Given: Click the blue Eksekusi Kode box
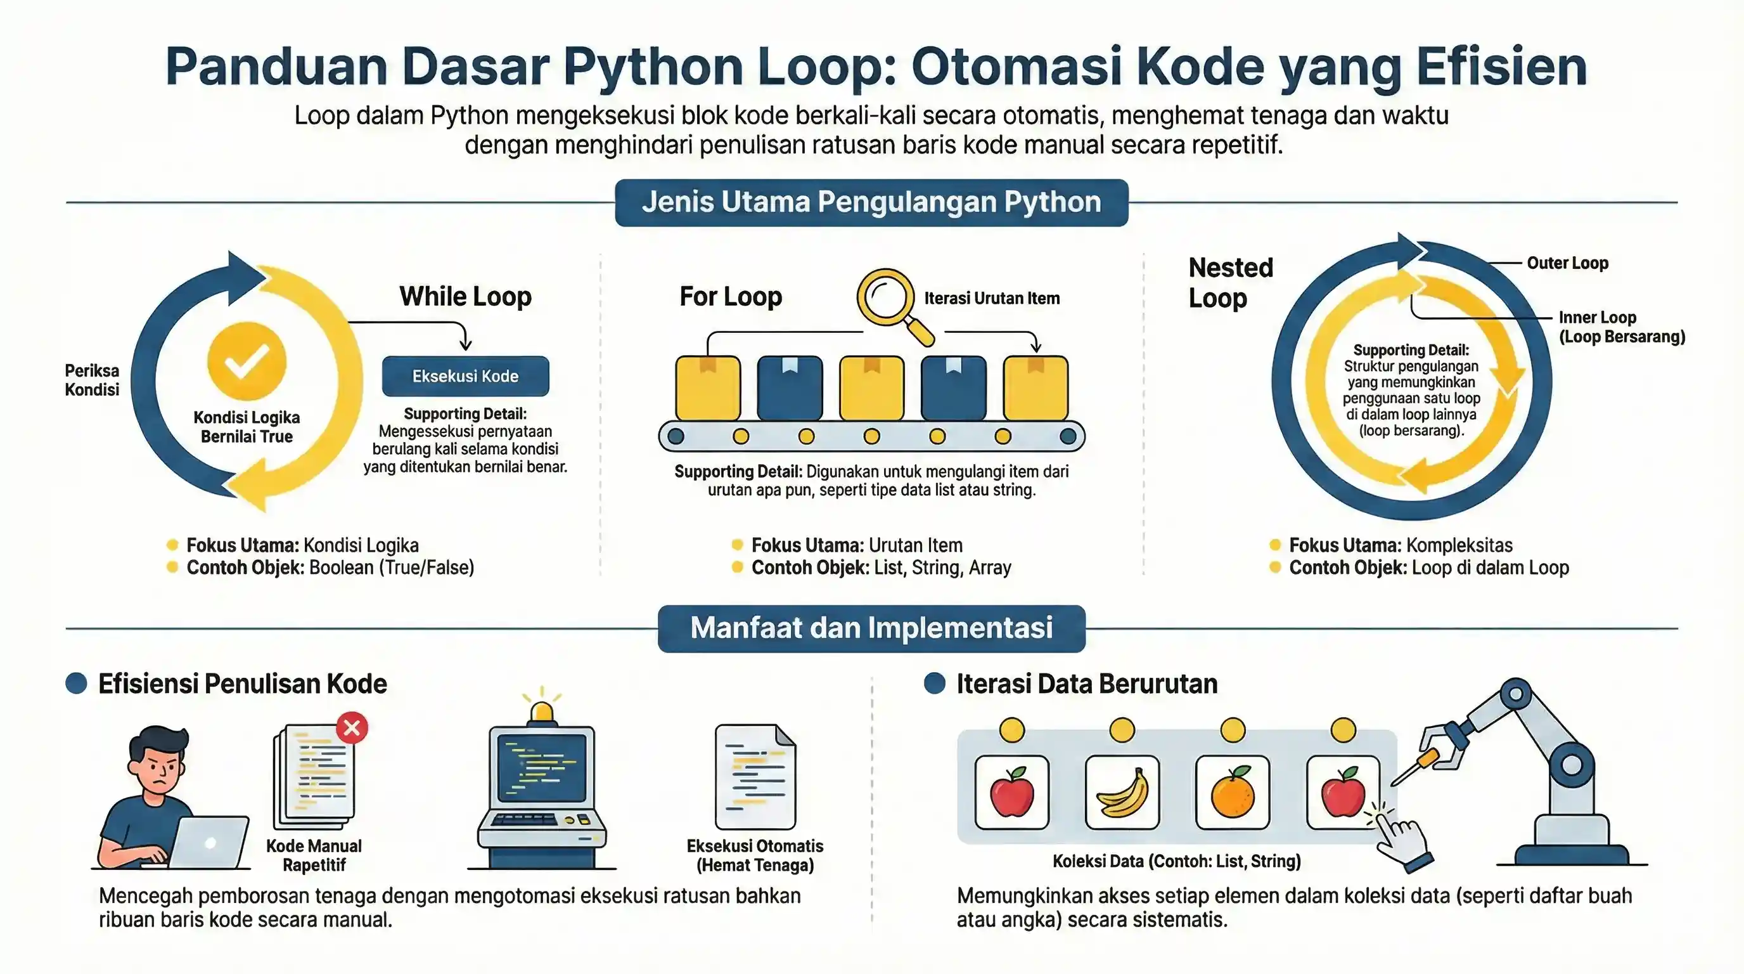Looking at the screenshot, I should pyautogui.click(x=465, y=376).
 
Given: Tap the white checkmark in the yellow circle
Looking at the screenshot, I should pyautogui.click(x=247, y=361).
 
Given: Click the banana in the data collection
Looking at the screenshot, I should pyautogui.click(x=1122, y=793).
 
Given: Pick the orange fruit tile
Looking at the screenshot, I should pyautogui.click(x=1232, y=793).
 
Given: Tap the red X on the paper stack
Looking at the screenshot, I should pyautogui.click(x=352, y=728).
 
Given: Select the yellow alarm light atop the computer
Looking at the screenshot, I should pyautogui.click(x=541, y=711).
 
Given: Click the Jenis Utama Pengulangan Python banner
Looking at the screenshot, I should pyautogui.click(x=871, y=202).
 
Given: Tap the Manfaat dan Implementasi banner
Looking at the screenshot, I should pyautogui.click(x=871, y=628).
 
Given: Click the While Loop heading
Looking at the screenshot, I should pyautogui.click(x=465, y=297).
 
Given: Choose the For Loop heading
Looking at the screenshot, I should pyautogui.click(x=731, y=297).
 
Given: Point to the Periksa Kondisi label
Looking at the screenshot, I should pyautogui.click(x=92, y=380).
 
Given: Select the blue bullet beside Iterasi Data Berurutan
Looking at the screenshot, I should pyautogui.click(x=934, y=683).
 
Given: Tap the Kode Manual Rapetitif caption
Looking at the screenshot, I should pyautogui.click(x=314, y=855).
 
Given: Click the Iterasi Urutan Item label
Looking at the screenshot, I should pyautogui.click(x=992, y=298).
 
